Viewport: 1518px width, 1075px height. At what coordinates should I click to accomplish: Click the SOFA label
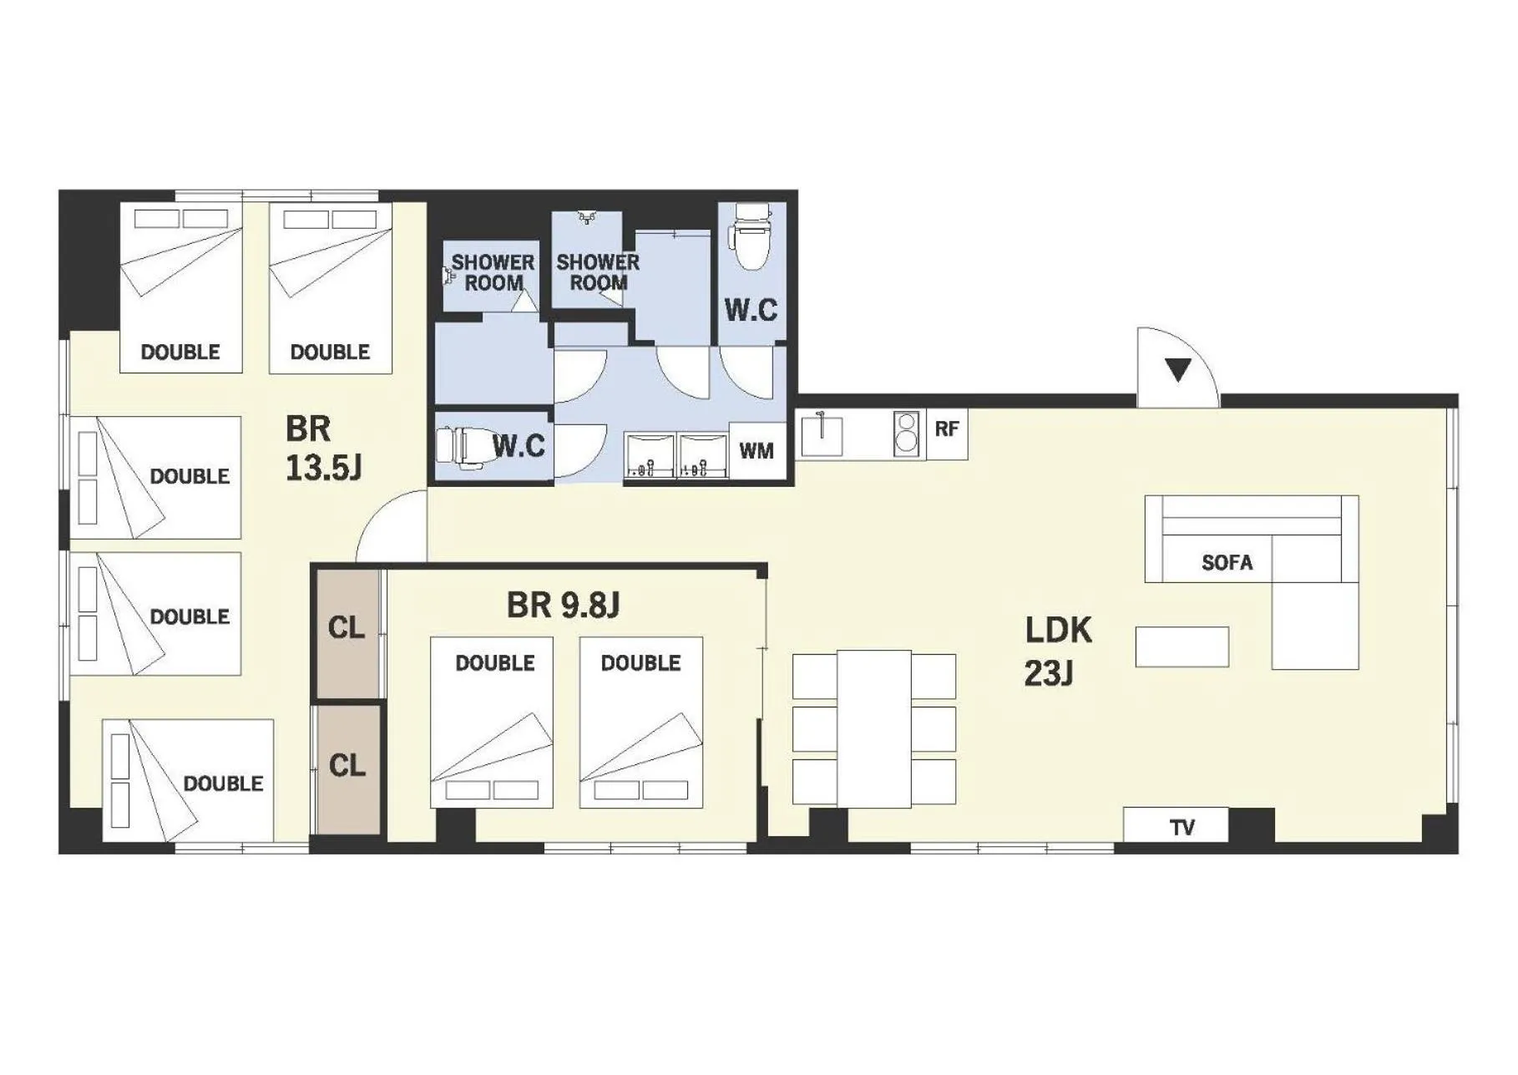(1227, 563)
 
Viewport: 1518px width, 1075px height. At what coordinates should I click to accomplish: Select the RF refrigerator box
(947, 429)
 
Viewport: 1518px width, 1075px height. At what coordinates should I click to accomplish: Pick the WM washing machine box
(756, 451)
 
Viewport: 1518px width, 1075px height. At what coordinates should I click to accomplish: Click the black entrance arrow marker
(1178, 369)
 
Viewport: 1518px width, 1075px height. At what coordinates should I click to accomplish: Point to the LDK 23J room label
(1057, 651)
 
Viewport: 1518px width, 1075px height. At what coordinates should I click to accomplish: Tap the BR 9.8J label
(563, 606)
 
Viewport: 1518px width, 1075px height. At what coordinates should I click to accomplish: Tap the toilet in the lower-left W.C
(457, 445)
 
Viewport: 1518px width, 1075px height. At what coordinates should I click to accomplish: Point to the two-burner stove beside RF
(905, 434)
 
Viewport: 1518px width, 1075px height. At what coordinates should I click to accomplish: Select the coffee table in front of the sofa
(1182, 647)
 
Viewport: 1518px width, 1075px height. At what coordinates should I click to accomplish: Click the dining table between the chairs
(873, 728)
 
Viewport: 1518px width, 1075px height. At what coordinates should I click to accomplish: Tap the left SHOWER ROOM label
(493, 273)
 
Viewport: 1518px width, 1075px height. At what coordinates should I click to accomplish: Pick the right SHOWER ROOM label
(598, 272)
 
